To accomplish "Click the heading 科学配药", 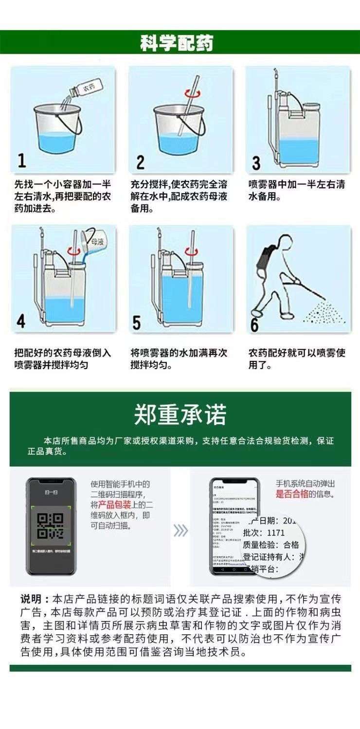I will (177, 43).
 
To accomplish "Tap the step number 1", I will (21, 160).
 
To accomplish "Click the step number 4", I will (21, 321).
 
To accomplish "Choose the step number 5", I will (137, 322).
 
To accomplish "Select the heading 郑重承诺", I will (180, 415).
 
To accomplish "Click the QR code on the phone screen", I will (50, 526).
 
